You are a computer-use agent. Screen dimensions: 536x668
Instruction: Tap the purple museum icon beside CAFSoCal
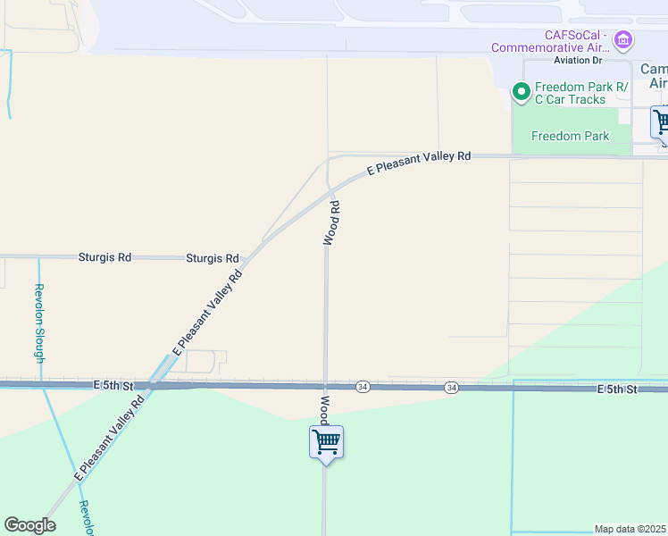623,40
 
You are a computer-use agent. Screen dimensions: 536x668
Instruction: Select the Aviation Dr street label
578,60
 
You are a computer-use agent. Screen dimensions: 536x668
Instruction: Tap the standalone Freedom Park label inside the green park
570,136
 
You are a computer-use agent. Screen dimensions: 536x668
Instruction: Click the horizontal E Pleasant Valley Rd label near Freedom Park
419,163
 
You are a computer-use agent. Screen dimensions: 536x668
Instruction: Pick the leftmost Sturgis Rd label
104,257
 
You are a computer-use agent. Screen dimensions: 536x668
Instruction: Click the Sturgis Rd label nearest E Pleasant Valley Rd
213,257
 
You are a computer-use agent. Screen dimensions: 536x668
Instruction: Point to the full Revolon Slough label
39,322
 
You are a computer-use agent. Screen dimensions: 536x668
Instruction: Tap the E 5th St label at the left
113,386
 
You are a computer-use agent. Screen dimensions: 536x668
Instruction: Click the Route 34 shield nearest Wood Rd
363,386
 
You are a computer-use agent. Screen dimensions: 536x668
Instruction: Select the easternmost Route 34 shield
452,387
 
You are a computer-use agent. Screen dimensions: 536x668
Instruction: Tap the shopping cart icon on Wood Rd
326,442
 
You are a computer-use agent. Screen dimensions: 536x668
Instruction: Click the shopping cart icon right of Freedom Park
661,122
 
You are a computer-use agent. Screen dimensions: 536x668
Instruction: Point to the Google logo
29,525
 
